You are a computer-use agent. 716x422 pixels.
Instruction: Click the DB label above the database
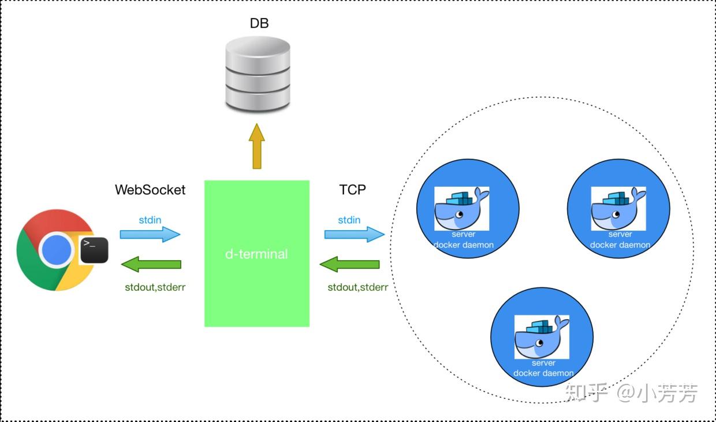259,23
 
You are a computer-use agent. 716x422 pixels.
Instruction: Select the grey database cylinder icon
258,74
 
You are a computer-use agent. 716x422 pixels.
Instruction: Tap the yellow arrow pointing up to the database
257,146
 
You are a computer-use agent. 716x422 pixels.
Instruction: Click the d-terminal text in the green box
257,254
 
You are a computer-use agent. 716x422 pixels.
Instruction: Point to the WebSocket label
150,190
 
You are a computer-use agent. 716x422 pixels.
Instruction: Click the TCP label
353,190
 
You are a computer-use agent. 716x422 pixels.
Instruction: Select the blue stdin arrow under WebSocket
150,235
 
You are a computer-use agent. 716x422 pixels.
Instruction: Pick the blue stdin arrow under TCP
355,235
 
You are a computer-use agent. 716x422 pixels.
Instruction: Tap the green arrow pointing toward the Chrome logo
151,264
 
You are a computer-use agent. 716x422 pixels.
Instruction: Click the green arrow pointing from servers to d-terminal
349,264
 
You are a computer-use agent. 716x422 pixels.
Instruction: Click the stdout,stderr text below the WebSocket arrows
155,287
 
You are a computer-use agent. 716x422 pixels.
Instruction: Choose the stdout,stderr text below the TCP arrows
358,287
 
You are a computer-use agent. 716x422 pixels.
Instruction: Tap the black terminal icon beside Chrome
94,250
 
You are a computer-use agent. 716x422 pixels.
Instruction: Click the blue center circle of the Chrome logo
57,250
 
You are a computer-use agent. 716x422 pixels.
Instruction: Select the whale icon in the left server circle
461,208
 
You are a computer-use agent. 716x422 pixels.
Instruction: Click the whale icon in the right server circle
618,208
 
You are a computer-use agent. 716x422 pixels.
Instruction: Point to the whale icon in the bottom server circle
542,337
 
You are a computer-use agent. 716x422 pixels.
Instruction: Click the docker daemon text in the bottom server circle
543,373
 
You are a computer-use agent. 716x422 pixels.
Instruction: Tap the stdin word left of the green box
150,220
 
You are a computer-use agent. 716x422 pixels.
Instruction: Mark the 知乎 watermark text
586,393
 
